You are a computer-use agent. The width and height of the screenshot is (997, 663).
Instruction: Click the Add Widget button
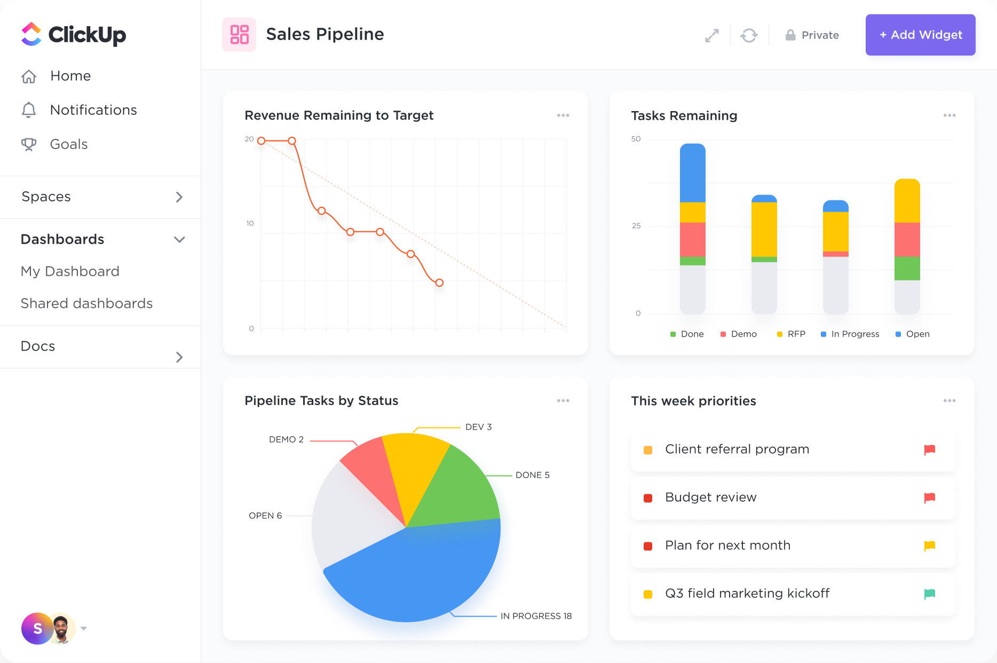(920, 35)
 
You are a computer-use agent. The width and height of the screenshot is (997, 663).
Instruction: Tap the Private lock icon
(790, 35)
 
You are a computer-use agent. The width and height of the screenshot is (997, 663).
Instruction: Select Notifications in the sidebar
(93, 110)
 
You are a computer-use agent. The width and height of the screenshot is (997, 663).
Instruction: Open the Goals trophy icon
(29, 144)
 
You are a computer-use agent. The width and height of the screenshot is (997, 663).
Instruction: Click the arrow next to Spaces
(179, 197)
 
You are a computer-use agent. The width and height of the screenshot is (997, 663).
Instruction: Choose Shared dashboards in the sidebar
(86, 303)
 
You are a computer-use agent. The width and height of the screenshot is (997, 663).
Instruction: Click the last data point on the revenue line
(439, 283)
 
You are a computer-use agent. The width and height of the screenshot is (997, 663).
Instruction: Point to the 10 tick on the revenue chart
(250, 223)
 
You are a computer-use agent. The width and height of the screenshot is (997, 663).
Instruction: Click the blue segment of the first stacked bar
(692, 174)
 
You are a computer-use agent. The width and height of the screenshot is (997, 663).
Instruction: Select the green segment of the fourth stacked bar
(907, 268)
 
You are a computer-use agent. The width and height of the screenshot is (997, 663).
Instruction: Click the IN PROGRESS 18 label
(536, 616)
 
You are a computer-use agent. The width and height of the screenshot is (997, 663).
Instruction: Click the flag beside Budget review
(929, 498)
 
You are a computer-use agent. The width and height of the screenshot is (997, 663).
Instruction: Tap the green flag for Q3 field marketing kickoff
(929, 594)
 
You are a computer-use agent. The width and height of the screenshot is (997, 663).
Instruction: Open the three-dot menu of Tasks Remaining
(949, 115)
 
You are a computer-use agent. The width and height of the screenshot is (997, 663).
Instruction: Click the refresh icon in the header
(749, 35)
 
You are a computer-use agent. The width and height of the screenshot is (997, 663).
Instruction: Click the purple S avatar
(36, 628)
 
